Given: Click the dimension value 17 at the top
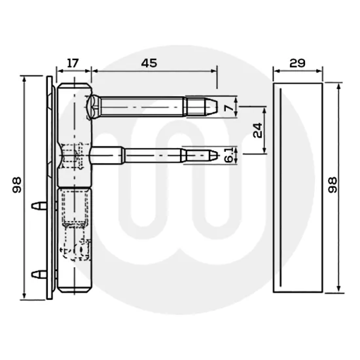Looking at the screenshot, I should (73, 63).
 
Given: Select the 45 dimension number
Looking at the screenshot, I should (151, 63).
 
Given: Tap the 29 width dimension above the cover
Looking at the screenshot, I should (297, 63).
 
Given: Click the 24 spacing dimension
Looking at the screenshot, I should (258, 129).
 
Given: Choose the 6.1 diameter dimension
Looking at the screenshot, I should (228, 155).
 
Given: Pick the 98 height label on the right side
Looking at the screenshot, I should (332, 188).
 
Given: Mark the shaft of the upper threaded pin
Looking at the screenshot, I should (144, 105).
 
